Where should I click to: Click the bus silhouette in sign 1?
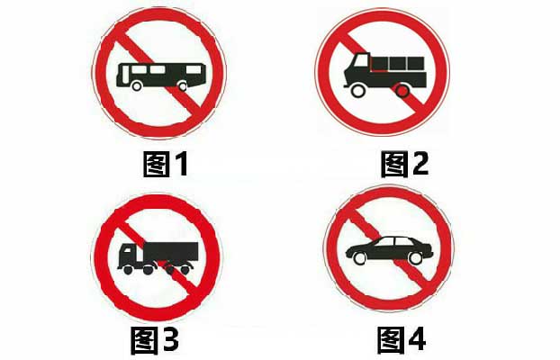tap(161, 76)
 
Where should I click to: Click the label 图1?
tap(166, 164)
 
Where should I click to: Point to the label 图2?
tap(404, 164)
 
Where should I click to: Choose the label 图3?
tap(154, 340)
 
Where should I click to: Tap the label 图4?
tap(402, 340)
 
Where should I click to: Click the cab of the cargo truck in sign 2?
tap(357, 69)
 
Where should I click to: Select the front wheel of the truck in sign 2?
tap(358, 90)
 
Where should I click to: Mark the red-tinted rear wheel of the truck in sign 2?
tap(402, 91)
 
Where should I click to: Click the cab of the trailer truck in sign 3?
tap(130, 255)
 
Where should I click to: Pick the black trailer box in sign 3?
tap(171, 251)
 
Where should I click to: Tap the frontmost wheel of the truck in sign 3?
tap(128, 270)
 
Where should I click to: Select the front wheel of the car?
tap(359, 258)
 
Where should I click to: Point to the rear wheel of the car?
tap(415, 258)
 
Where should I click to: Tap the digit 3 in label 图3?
tap(169, 340)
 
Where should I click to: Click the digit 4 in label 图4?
tap(416, 339)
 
